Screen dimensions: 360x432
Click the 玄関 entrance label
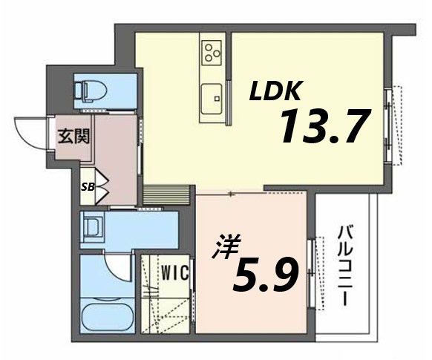(x=74, y=137)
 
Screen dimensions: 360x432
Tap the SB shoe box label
(x=87, y=186)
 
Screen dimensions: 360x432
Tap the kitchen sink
(x=212, y=96)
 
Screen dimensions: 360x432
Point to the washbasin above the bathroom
(x=94, y=226)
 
